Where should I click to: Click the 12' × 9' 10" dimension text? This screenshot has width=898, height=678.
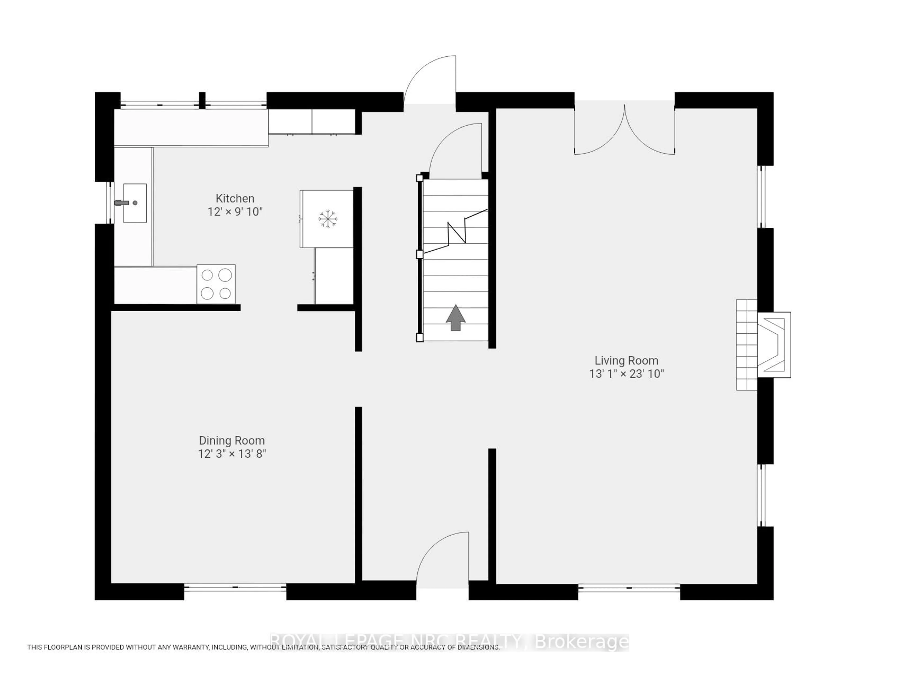click(235, 212)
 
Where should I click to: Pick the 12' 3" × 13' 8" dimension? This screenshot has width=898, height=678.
click(232, 454)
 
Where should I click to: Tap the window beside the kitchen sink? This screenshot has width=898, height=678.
click(109, 202)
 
